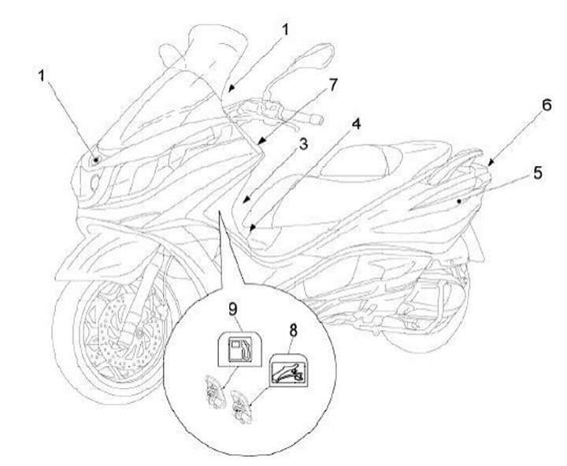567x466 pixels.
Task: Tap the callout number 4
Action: (358, 125)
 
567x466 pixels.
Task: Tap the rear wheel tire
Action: (425, 338)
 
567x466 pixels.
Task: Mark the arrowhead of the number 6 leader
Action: (490, 164)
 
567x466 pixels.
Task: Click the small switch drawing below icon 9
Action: (209, 391)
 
